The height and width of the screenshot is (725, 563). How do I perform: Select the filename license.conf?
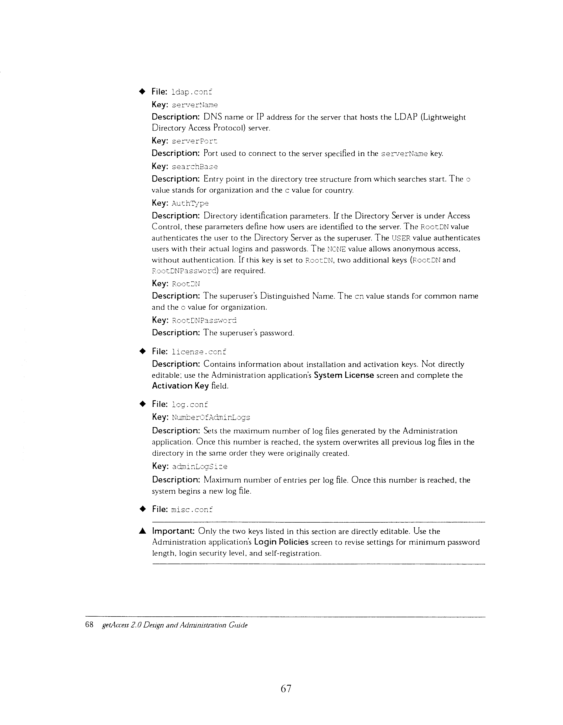coord(199,352)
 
